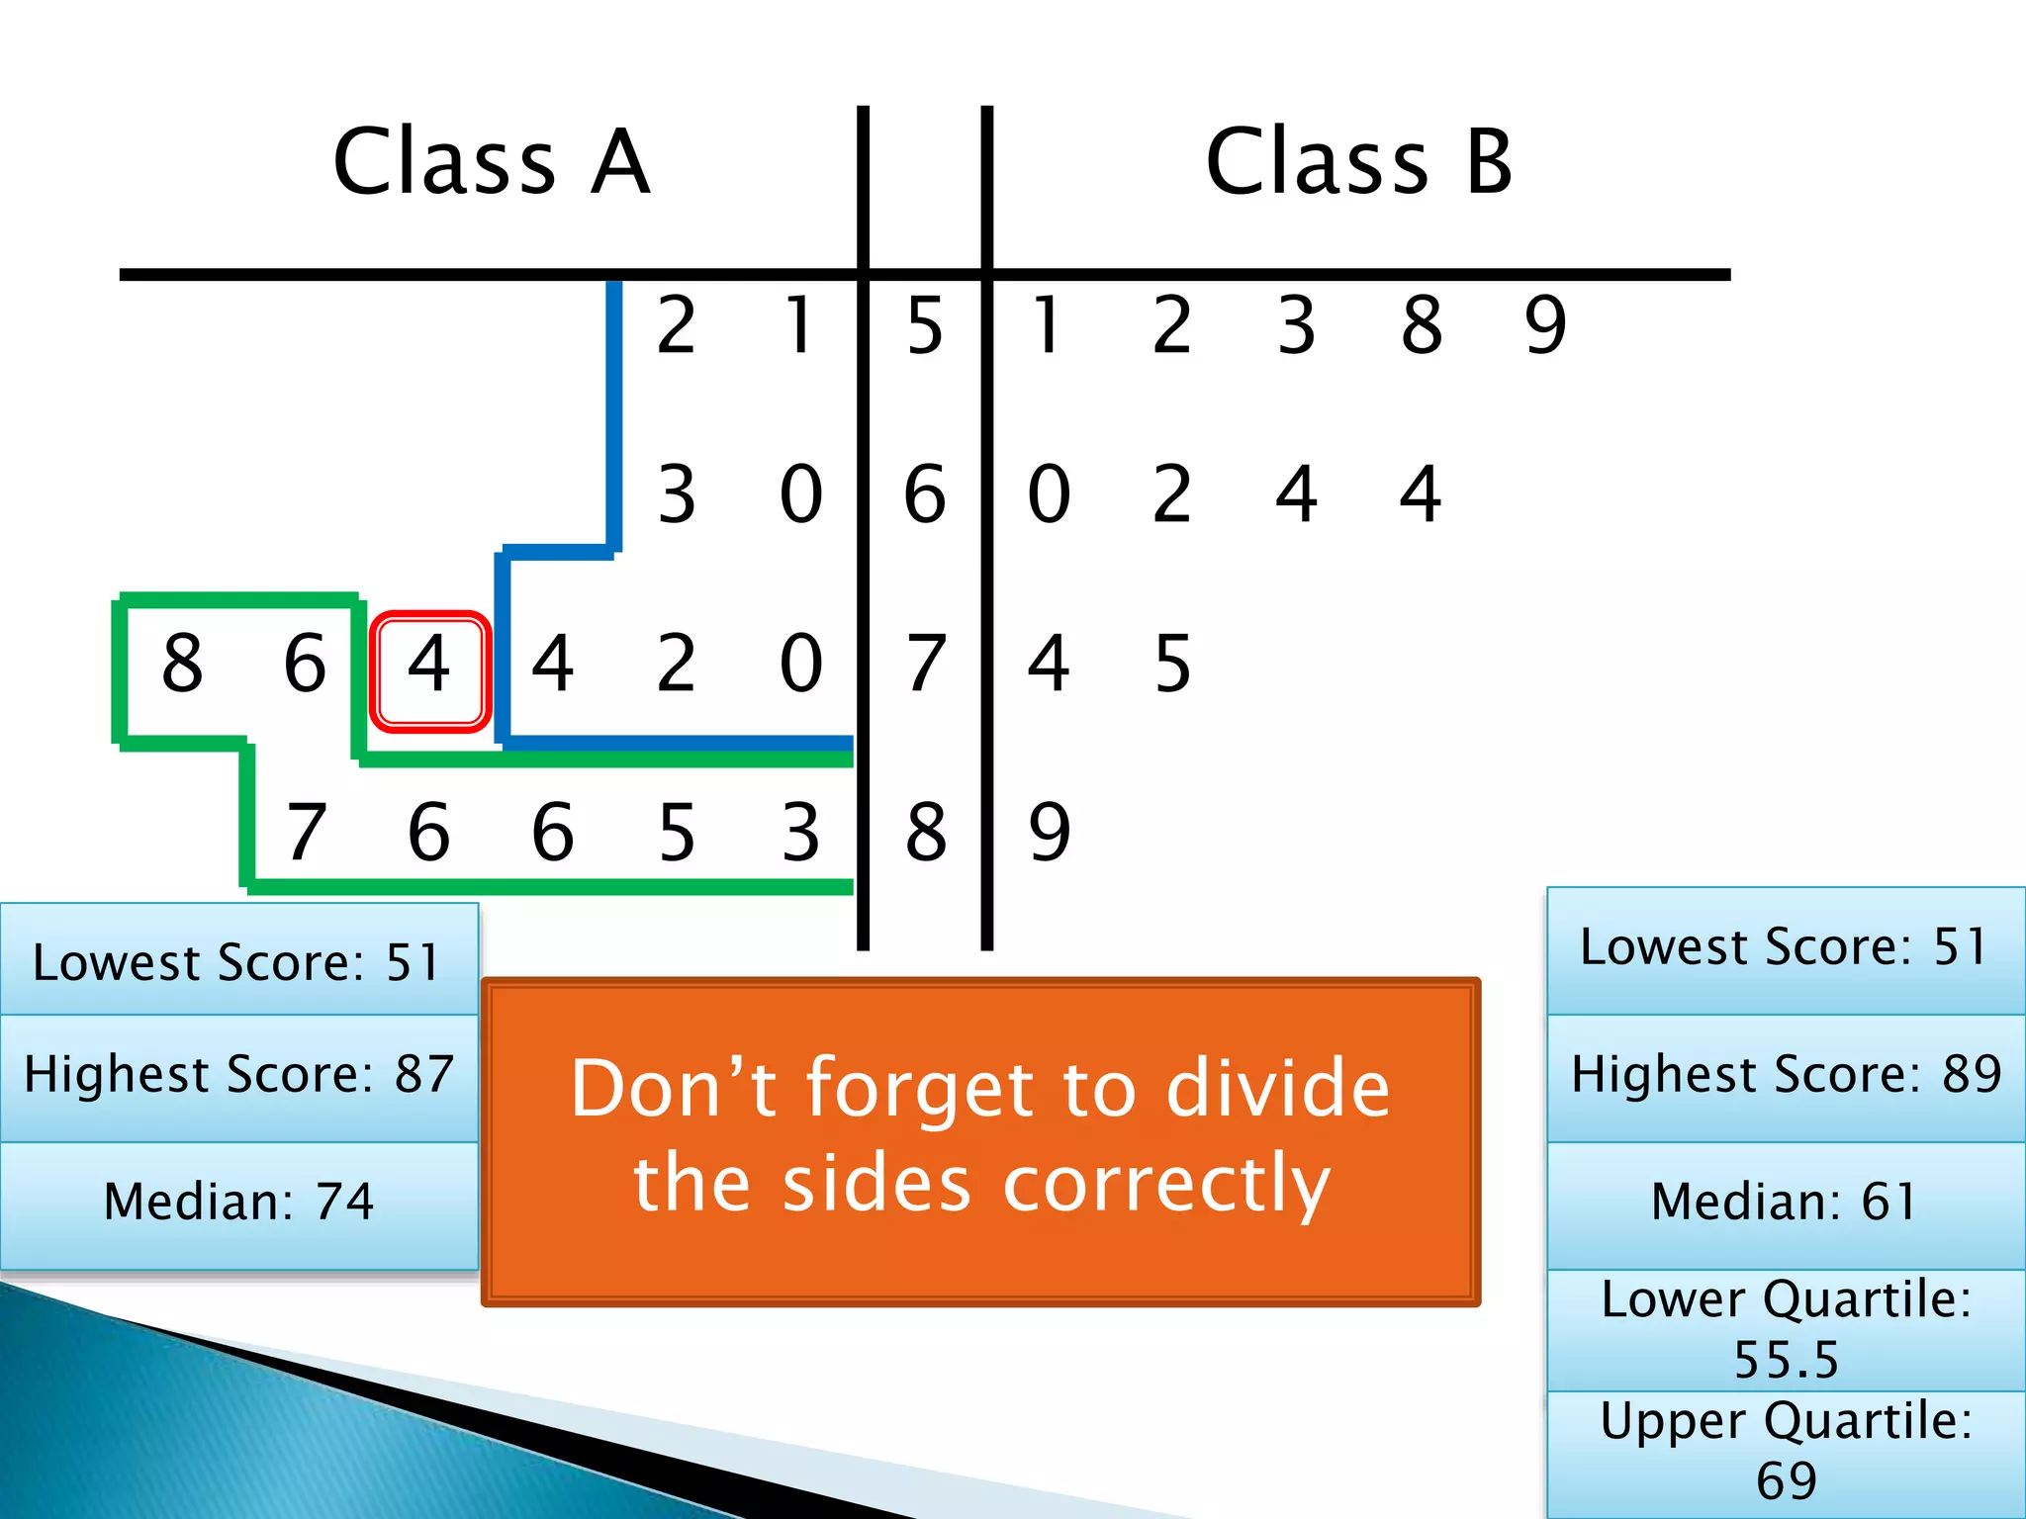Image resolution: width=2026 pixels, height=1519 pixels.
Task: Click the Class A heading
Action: (x=492, y=162)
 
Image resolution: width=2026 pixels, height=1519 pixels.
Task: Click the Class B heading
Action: (x=1359, y=162)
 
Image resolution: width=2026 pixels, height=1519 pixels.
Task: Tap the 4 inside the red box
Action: (x=429, y=664)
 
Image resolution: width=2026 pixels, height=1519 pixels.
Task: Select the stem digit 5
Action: (x=925, y=325)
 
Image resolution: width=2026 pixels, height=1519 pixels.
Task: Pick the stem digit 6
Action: (x=925, y=494)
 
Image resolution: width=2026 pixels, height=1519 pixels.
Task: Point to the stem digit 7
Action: (x=925, y=664)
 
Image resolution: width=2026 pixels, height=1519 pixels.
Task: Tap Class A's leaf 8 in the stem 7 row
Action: (x=182, y=664)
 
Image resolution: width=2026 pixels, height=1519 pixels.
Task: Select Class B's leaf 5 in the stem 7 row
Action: (x=1172, y=664)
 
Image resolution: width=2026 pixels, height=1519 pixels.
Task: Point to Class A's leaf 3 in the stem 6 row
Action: (x=677, y=494)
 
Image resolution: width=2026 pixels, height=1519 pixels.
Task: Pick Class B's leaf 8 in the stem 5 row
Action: (x=1422, y=325)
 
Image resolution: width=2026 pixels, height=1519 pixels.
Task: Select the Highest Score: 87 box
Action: (x=238, y=1076)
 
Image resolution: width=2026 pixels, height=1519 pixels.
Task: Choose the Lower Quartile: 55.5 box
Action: (x=1785, y=1329)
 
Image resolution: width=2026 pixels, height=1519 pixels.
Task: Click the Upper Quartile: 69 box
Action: (x=1785, y=1452)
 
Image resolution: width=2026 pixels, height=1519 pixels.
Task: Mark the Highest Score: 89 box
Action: (x=1785, y=1076)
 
